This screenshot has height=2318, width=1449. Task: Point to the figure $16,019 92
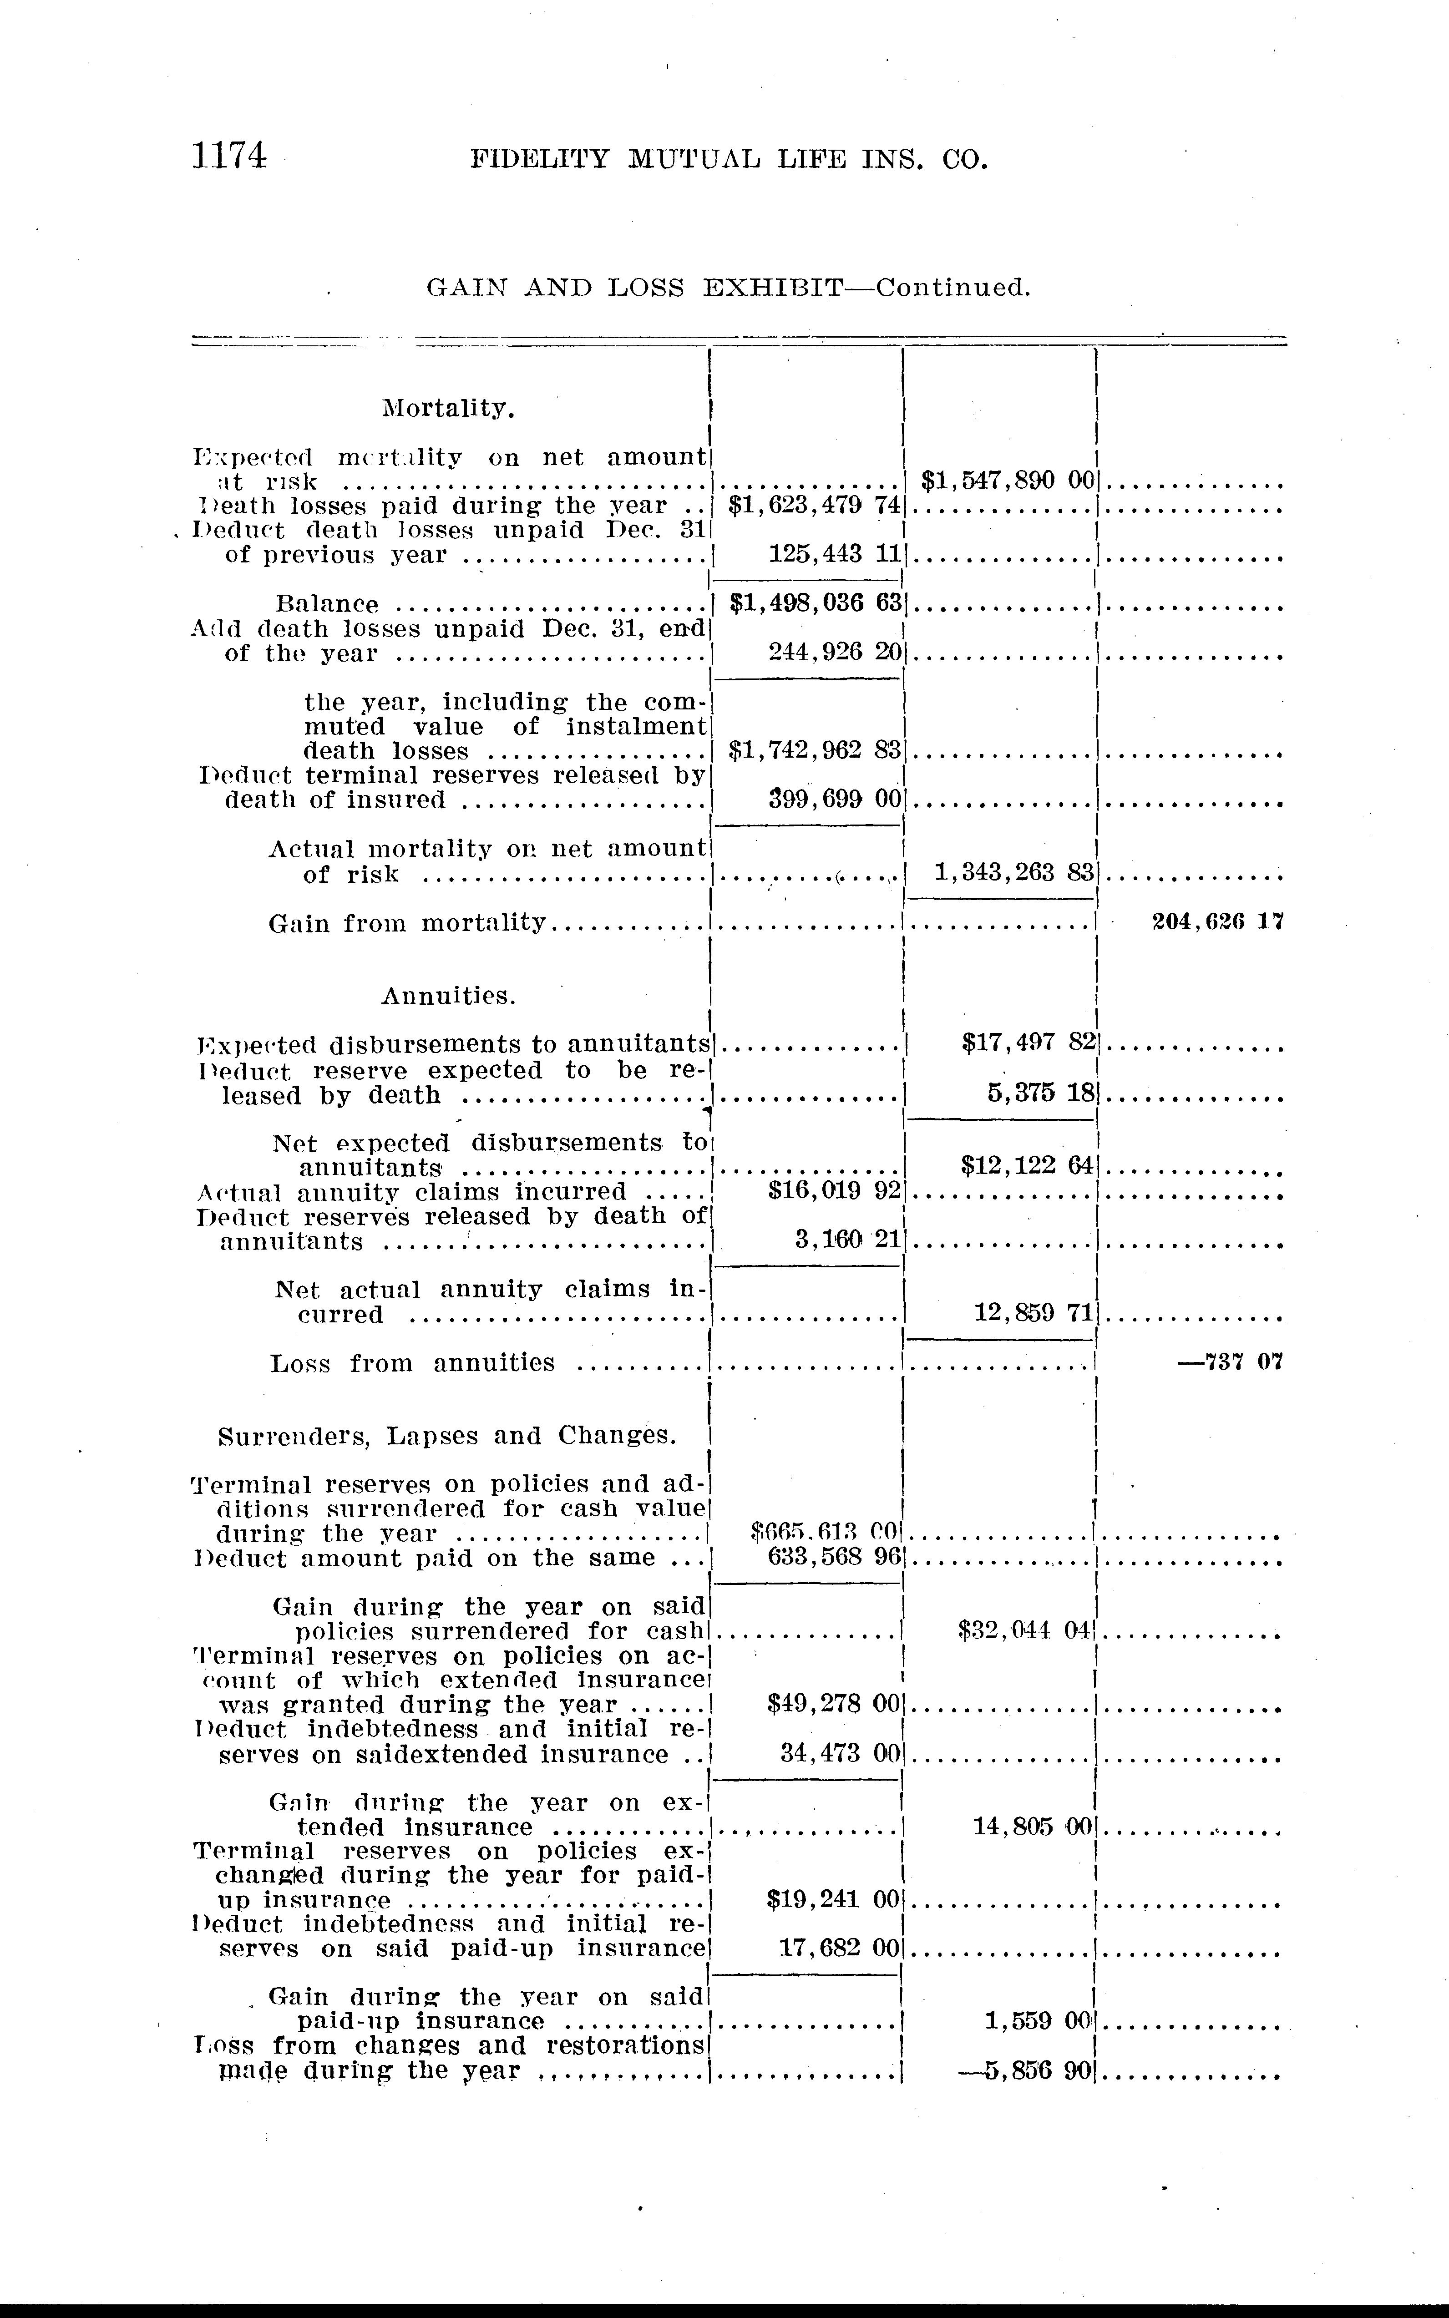click(x=834, y=1192)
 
